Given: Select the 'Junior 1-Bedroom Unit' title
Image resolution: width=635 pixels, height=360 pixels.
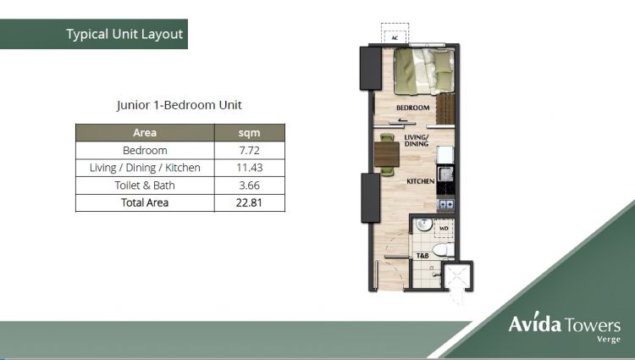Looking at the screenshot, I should tap(179, 106).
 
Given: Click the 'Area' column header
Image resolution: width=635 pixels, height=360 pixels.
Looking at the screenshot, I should tap(145, 132).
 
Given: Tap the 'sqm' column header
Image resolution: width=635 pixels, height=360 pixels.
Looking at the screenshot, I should tap(249, 132).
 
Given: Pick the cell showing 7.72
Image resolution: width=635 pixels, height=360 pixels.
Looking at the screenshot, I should tap(249, 150).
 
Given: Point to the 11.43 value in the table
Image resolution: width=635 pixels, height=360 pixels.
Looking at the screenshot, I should tap(249, 168).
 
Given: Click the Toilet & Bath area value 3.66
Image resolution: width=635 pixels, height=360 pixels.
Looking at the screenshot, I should tap(249, 186).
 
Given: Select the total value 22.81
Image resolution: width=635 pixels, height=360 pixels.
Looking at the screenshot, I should tap(249, 202).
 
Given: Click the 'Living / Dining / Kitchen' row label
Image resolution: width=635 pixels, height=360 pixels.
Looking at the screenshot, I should tap(145, 168).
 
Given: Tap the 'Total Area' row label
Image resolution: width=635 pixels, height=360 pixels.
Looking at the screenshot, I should tap(145, 202).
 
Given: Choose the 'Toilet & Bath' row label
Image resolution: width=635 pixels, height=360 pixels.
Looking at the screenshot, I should tap(145, 186).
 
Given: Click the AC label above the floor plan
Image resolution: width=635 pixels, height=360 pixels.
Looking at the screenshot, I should tap(395, 37).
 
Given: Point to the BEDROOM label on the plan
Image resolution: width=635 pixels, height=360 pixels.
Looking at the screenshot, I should tap(414, 108).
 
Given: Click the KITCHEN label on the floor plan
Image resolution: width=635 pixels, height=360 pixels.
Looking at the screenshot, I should tap(421, 181).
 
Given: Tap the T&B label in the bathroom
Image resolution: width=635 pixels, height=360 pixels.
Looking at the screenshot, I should tap(421, 256).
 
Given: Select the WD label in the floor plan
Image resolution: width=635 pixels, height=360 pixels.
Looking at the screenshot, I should tap(444, 227).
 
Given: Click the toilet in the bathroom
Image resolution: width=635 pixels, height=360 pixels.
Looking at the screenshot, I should tap(445, 249).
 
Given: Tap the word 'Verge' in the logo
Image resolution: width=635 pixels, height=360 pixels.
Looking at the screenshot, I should tap(608, 339).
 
